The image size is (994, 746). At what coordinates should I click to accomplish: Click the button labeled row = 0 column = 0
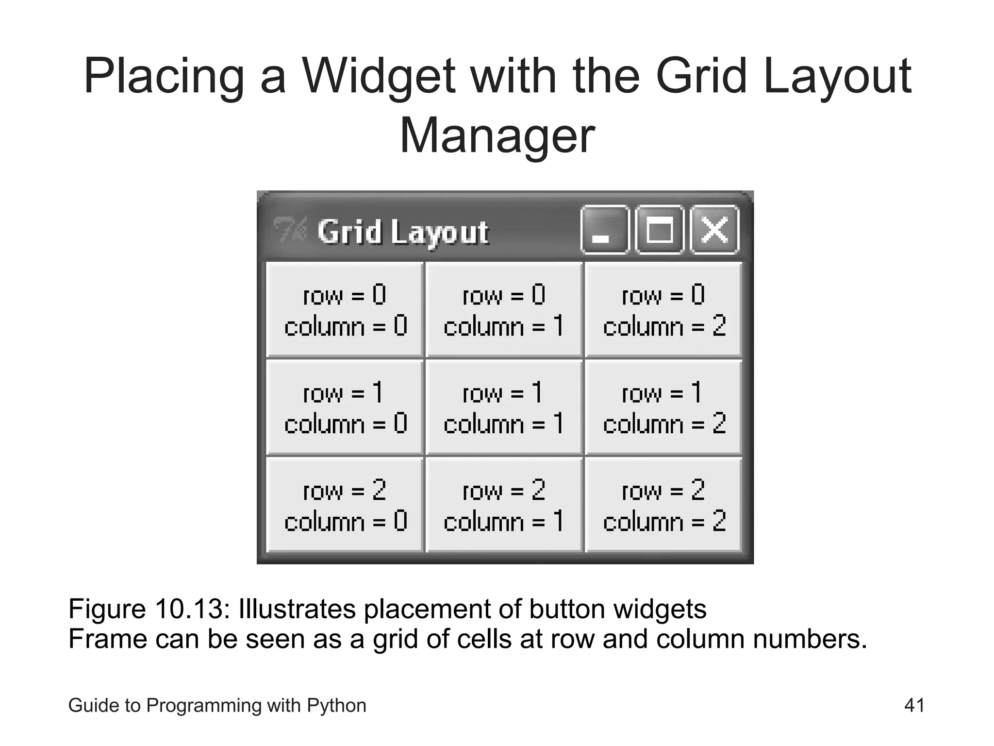(345, 310)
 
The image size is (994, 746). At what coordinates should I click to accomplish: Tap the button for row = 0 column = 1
(504, 310)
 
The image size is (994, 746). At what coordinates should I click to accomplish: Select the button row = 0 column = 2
(663, 310)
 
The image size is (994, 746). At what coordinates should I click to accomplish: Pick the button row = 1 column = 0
(345, 407)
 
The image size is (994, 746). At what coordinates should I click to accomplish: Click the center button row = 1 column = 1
(504, 407)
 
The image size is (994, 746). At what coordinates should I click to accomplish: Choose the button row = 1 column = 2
(663, 407)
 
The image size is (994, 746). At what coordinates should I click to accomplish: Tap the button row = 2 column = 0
(345, 505)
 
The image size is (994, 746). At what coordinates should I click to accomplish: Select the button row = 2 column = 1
(504, 505)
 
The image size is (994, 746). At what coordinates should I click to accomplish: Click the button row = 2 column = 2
(663, 505)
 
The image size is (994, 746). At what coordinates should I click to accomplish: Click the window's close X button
(714, 230)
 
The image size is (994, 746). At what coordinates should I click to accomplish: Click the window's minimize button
(604, 230)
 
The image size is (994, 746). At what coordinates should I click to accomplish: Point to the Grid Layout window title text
(403, 232)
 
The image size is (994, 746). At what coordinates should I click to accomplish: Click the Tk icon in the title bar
(290, 229)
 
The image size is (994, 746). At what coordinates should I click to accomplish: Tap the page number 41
(914, 705)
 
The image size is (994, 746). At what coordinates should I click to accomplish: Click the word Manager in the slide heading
(497, 136)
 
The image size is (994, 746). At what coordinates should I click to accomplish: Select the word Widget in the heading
(379, 77)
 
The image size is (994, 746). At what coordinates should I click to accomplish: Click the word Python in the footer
(336, 706)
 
